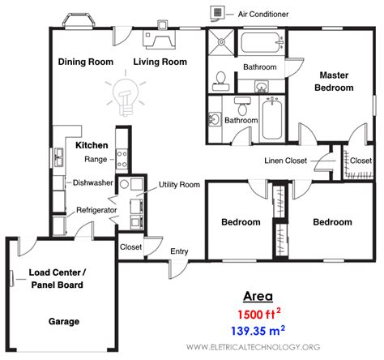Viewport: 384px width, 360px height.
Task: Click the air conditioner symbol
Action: tap(217, 13)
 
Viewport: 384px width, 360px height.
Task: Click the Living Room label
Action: tap(160, 62)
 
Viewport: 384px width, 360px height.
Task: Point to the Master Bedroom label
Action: tap(335, 81)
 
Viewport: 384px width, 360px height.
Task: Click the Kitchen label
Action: tap(92, 145)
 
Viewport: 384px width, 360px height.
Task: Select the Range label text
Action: tap(95, 160)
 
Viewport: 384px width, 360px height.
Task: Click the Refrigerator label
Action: tap(98, 210)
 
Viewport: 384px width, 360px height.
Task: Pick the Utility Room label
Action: tap(179, 185)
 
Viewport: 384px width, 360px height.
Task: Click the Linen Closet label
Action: tap(285, 161)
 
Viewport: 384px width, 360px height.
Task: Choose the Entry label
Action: tap(179, 251)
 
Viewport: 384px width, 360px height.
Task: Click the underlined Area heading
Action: tap(258, 296)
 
